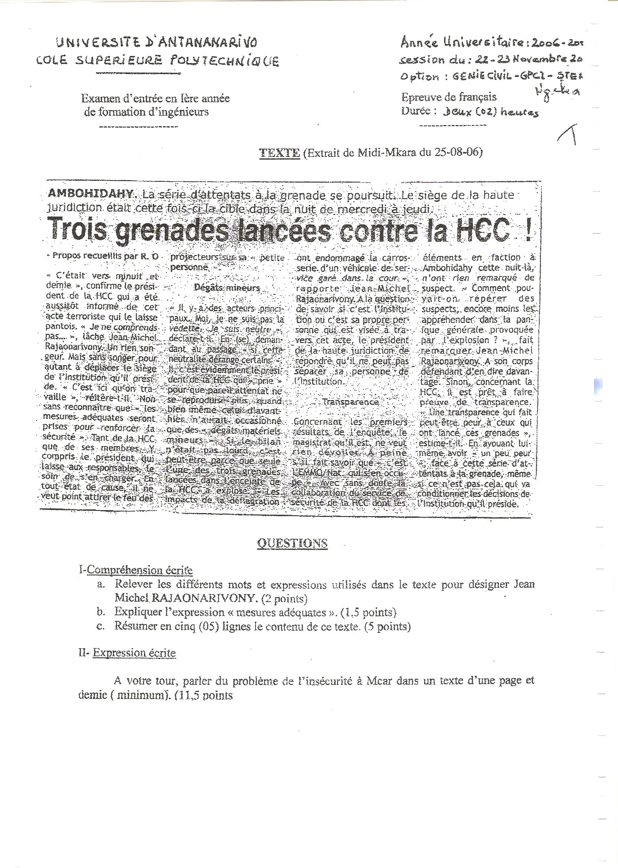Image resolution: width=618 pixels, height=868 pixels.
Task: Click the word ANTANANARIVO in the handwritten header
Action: click(x=207, y=43)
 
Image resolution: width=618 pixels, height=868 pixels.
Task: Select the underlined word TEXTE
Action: click(x=279, y=153)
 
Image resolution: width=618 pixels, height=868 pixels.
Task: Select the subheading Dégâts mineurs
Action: click(x=227, y=288)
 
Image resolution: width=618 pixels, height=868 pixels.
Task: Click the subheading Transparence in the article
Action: click(x=351, y=402)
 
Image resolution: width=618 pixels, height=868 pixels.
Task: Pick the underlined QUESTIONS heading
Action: click(x=292, y=543)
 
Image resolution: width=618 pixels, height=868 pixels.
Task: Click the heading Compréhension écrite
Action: click(x=139, y=570)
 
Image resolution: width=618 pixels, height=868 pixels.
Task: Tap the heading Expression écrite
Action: click(x=134, y=653)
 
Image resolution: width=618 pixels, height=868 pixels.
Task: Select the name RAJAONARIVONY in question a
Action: click(x=203, y=599)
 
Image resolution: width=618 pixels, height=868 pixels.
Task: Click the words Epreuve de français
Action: click(x=449, y=97)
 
